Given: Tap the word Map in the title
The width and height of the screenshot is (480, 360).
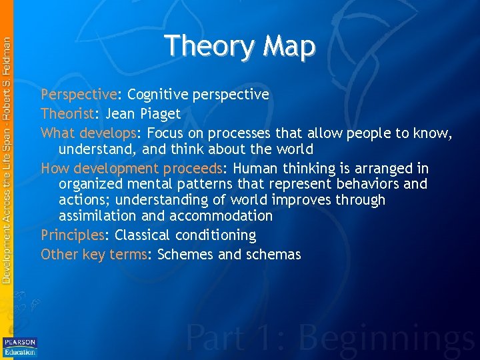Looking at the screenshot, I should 289,46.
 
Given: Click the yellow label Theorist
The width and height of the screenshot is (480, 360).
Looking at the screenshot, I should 66,113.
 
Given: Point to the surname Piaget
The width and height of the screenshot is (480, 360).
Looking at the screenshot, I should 158,113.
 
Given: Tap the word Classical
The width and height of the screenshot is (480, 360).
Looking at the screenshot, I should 143,235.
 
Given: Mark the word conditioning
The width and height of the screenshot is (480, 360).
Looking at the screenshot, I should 215,235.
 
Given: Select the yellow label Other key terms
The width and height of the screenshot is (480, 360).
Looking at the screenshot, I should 93,255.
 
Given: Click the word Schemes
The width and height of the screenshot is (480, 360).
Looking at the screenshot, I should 183,255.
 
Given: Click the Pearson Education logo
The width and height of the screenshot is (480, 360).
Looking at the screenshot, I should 20,346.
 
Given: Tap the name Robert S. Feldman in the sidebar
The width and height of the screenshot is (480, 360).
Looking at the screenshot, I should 7,73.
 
